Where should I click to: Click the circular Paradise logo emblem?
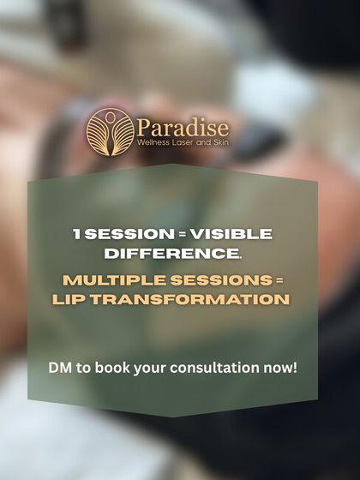click(109, 129)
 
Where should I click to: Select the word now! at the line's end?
click(285, 369)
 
